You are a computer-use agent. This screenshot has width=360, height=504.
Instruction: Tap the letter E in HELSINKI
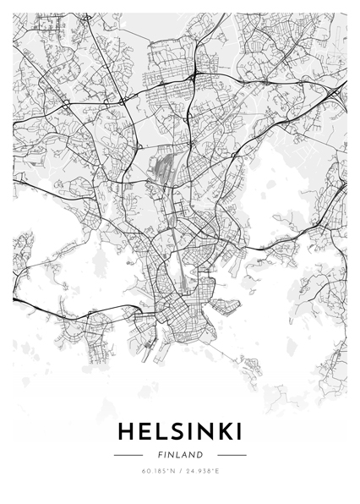146,432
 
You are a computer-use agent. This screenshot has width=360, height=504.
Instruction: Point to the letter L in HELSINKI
163,432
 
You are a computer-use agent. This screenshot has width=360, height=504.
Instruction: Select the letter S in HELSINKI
178,432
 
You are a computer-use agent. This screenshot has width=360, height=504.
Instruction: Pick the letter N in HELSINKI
204,432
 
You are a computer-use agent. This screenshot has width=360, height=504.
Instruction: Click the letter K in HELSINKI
223,432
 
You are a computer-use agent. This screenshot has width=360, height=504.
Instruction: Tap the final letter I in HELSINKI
238,432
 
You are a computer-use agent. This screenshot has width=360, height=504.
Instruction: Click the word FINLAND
180,454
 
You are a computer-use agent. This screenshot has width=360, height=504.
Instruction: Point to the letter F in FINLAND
159,454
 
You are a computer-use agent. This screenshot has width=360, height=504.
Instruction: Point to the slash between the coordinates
180,471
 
